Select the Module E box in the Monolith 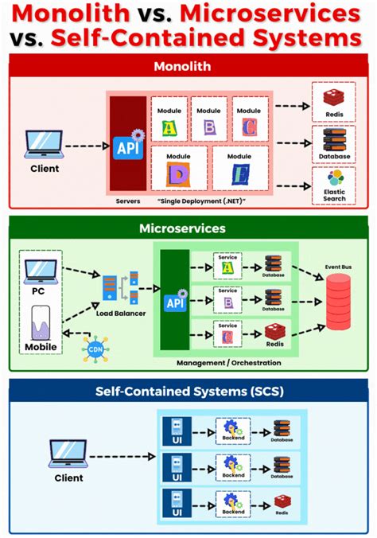[237, 168]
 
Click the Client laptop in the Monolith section [45, 146]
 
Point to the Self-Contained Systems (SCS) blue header [188, 392]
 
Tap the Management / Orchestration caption [228, 363]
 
